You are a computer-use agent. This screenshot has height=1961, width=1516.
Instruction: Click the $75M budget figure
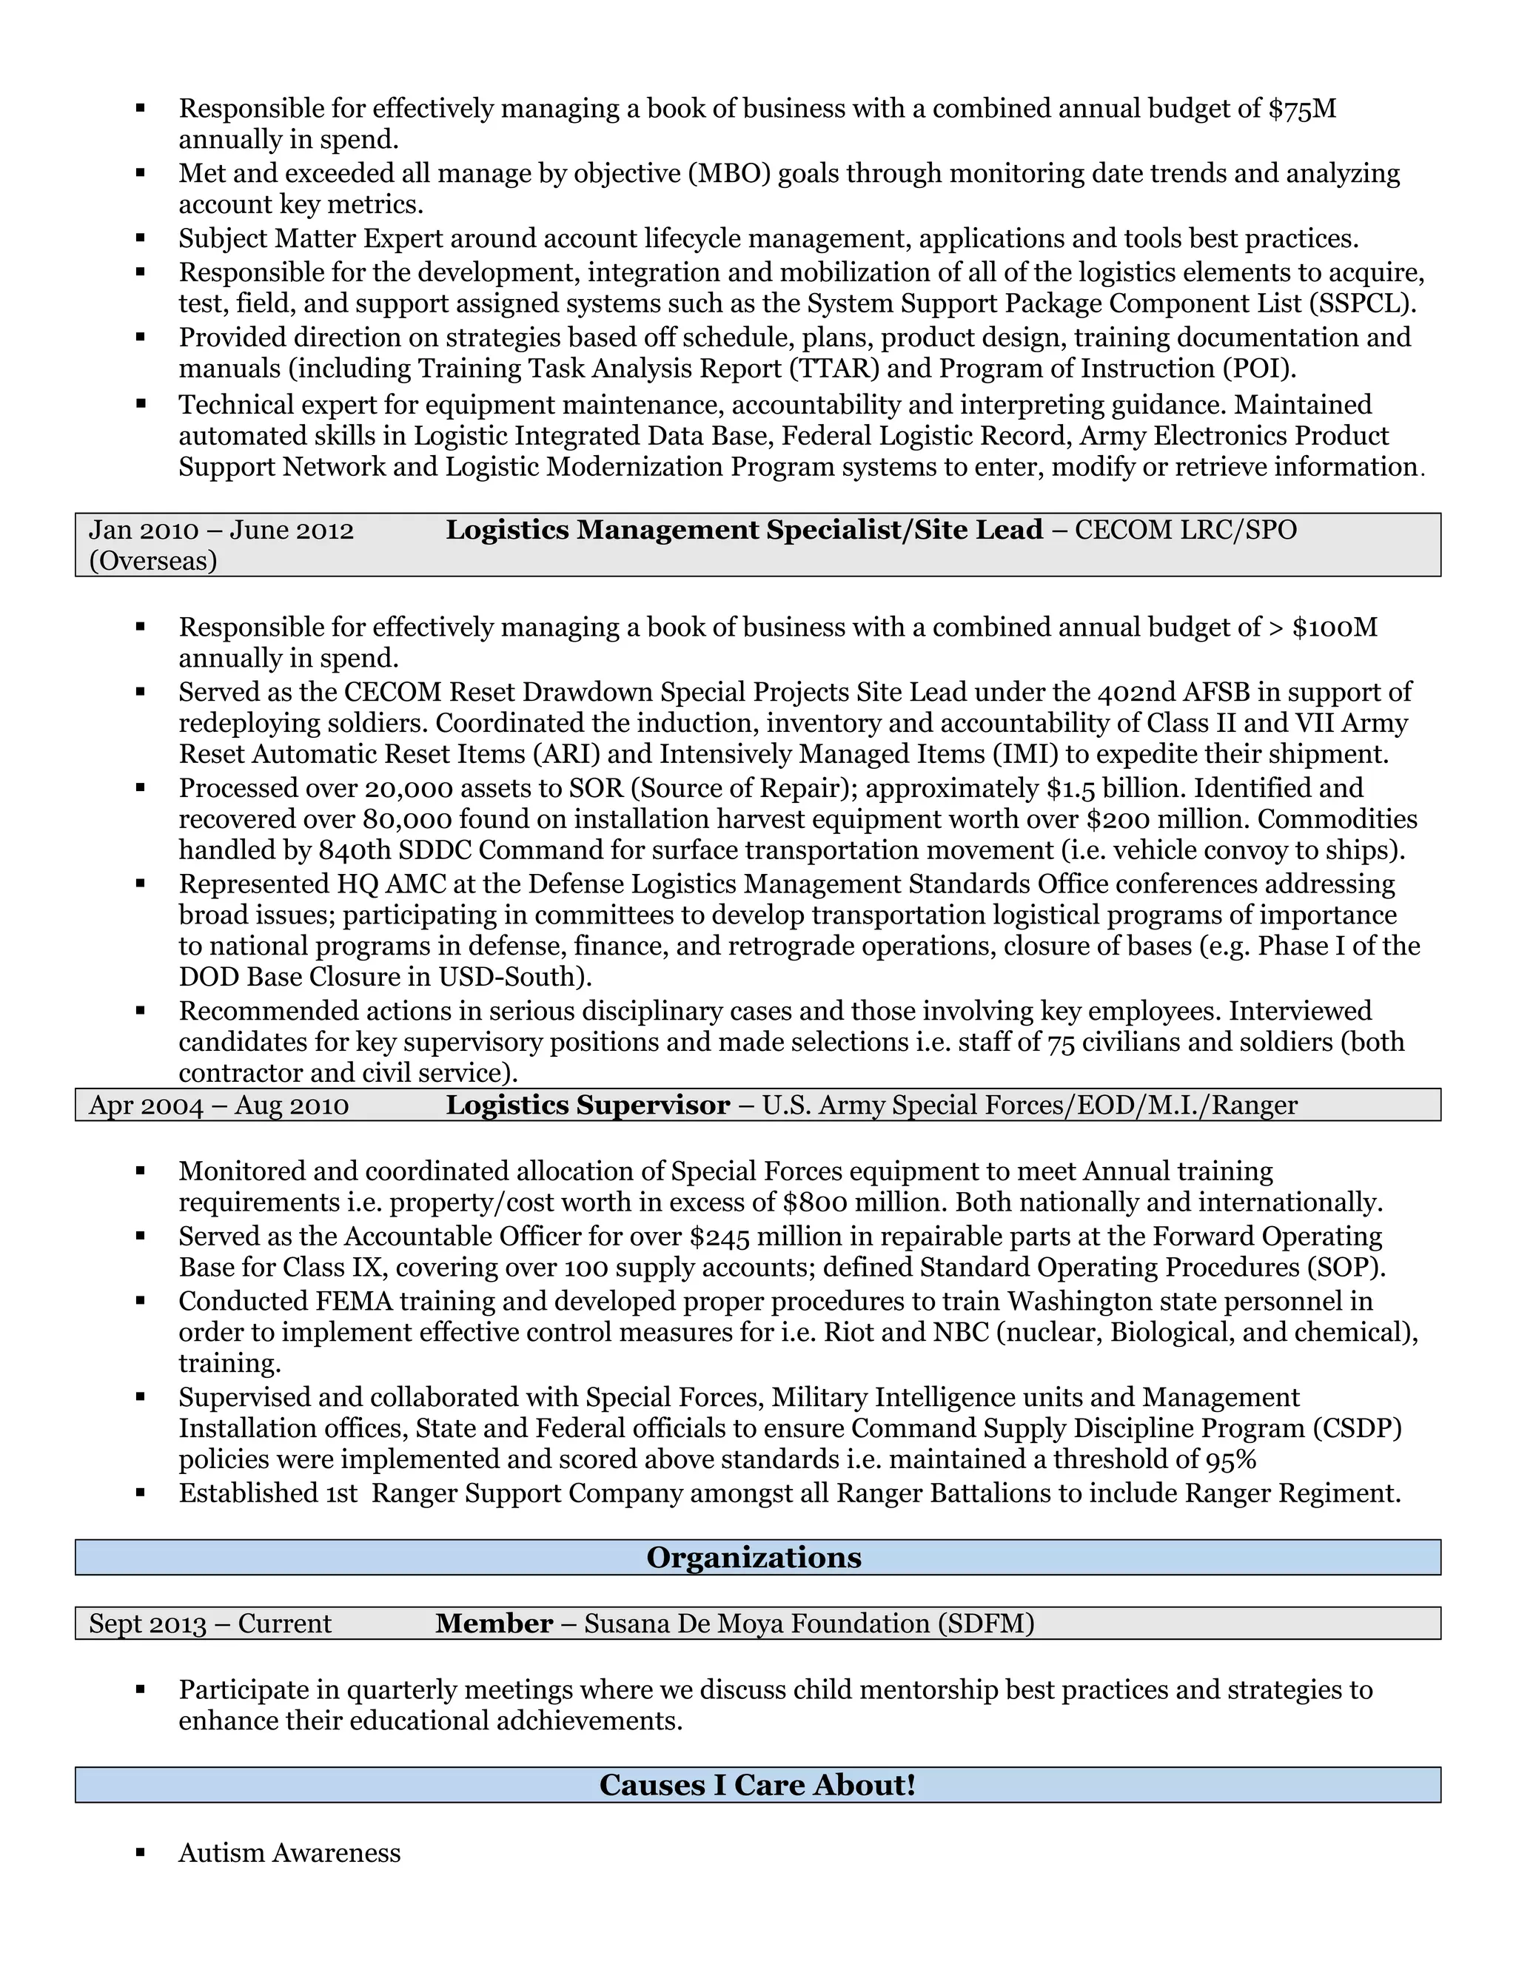(1302, 109)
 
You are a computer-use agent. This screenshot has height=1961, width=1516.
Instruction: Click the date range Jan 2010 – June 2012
(221, 530)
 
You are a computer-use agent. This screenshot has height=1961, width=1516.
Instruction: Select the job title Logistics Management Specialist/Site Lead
(744, 530)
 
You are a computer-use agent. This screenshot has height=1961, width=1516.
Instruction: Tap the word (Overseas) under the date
(152, 561)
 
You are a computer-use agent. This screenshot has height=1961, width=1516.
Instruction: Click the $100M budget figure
(1335, 627)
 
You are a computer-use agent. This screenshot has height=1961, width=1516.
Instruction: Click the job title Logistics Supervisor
(587, 1106)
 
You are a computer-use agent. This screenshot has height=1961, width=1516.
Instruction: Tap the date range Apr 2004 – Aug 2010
(218, 1106)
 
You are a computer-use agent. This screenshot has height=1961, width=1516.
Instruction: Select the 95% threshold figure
(1230, 1460)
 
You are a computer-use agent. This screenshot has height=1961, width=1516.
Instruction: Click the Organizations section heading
(754, 1558)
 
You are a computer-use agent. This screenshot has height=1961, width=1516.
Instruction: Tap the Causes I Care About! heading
(757, 1785)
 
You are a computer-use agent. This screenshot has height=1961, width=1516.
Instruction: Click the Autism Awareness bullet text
(289, 1853)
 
